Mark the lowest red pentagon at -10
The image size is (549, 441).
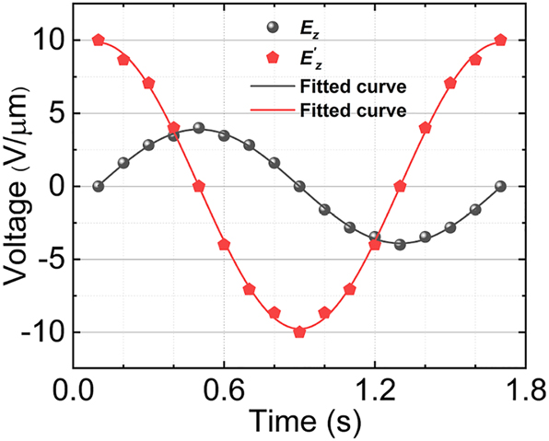coord(299,331)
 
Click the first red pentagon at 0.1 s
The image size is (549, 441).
coord(99,41)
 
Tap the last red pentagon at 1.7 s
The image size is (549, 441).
coord(500,41)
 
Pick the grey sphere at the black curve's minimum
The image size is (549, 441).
coord(400,244)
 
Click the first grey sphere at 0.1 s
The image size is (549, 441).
coord(99,186)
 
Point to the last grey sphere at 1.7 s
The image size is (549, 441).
coord(500,186)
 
